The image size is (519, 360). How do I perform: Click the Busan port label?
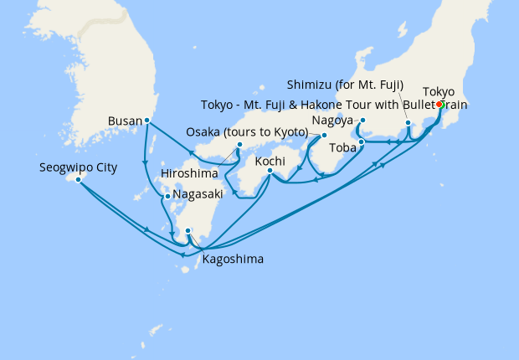click(x=126, y=121)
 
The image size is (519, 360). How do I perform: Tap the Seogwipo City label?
click(x=78, y=167)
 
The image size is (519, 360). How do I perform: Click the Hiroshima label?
click(x=189, y=173)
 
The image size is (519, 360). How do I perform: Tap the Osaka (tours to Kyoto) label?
click(x=247, y=134)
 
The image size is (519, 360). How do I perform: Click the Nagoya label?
click(x=331, y=119)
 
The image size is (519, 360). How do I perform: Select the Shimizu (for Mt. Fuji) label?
click(x=345, y=85)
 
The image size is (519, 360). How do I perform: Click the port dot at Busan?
click(x=147, y=120)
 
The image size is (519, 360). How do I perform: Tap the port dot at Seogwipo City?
click(x=78, y=179)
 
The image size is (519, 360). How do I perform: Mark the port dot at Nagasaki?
click(x=167, y=197)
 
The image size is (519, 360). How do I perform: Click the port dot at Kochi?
click(x=270, y=172)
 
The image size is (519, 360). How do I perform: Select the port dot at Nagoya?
click(x=362, y=120)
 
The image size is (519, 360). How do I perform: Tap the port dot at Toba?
click(x=361, y=141)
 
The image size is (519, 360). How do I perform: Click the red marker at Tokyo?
click(x=439, y=105)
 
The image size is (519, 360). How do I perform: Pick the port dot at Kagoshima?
click(x=188, y=231)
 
